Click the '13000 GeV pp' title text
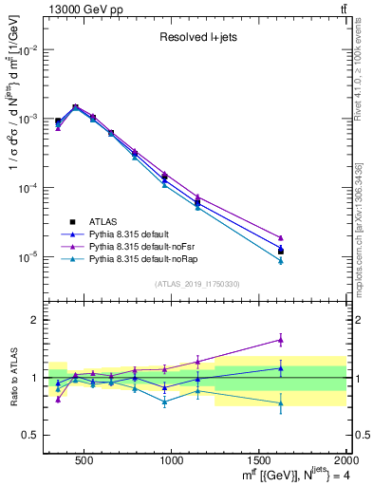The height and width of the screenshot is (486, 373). (x=82, y=8)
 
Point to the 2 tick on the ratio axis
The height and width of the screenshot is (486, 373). (x=35, y=320)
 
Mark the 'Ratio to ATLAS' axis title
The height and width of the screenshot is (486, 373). (x=11, y=378)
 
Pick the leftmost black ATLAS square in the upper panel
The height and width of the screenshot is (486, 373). (x=58, y=121)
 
